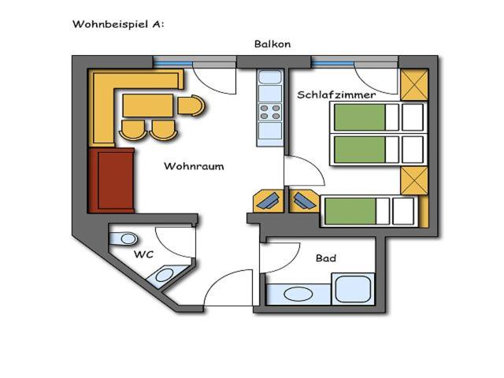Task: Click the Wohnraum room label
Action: (x=194, y=166)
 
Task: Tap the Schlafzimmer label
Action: (x=336, y=94)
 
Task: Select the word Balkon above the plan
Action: (x=272, y=44)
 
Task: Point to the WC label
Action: (x=143, y=254)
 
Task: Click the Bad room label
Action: (x=325, y=258)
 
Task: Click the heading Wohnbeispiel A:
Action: (x=118, y=24)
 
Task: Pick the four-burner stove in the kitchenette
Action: (x=270, y=112)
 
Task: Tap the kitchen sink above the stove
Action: (x=270, y=77)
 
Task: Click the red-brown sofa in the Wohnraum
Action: (x=111, y=180)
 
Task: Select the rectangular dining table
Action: (x=148, y=106)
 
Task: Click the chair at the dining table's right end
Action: (x=191, y=106)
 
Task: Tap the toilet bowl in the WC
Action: (x=124, y=239)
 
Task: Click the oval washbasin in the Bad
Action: (x=298, y=294)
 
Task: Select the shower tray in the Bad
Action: (x=354, y=289)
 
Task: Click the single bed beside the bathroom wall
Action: (x=369, y=211)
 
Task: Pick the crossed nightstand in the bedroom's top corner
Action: (x=414, y=85)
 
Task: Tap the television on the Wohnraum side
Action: (x=269, y=202)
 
